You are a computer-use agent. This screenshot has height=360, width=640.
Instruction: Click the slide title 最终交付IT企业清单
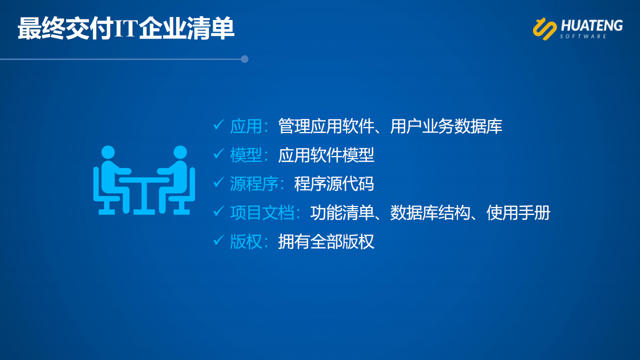coord(126,28)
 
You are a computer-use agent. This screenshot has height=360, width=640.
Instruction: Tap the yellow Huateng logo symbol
coord(544,28)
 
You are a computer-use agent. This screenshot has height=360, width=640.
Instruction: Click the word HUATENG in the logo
coord(591,25)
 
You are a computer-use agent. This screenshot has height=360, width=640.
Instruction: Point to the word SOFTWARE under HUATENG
coord(583,36)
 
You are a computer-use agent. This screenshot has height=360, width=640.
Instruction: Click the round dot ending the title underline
coord(244,59)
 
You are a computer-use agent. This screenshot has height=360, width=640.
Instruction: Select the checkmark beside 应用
coord(219,124)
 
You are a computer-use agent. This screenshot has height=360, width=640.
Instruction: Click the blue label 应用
coord(246,126)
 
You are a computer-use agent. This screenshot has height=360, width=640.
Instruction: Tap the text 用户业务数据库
coord(446,126)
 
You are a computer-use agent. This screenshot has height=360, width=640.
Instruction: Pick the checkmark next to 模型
coord(219,153)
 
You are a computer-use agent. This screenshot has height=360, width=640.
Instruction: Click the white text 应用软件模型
coord(326,155)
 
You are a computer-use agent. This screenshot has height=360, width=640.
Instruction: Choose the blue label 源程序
coord(254,183)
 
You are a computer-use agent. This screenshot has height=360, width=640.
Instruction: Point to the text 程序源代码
coord(334,183)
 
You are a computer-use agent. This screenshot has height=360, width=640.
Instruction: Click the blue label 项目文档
coord(262,212)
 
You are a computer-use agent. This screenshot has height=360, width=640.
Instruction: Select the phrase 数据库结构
coord(430,212)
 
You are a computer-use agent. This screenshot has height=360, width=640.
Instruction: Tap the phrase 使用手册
coord(518,212)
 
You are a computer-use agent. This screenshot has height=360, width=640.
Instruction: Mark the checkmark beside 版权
coord(219,240)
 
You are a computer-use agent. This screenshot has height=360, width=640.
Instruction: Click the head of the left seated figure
coord(108,152)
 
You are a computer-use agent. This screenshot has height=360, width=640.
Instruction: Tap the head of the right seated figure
coord(180,152)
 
